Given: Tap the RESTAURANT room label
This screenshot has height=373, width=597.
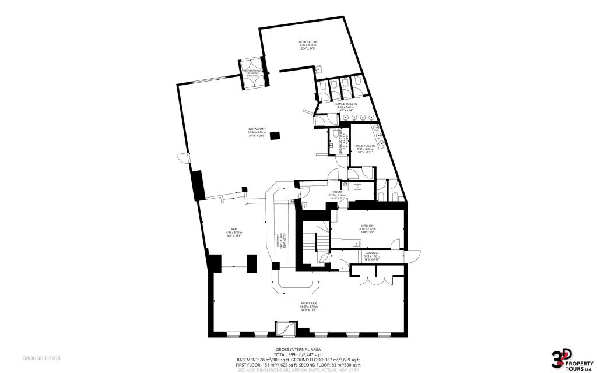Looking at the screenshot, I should point(257,129).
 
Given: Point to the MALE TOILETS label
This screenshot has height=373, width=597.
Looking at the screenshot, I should point(365,146).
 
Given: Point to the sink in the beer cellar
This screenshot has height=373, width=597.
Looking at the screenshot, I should point(320,69).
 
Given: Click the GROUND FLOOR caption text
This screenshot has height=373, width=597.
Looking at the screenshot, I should point(41,358).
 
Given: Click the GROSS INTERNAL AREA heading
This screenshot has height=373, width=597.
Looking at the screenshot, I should point(298,349).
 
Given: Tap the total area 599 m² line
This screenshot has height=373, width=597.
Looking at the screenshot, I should point(298,354).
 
